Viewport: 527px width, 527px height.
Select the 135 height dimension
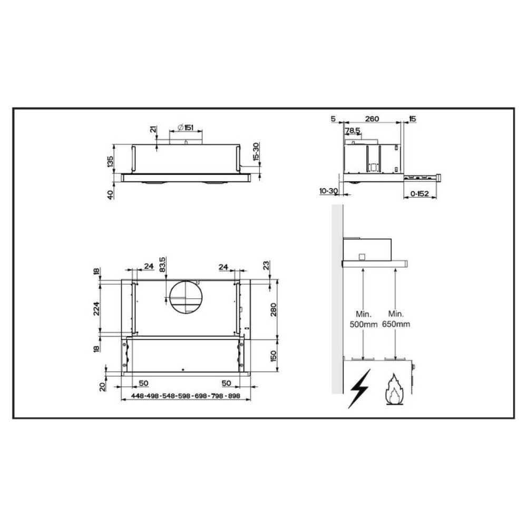point(110,161)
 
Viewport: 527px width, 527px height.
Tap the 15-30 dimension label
point(256,152)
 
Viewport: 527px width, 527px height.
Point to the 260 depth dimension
point(372,119)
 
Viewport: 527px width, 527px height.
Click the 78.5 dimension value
point(353,130)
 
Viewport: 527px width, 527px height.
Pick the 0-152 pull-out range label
point(420,193)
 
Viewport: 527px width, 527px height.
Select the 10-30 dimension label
point(328,191)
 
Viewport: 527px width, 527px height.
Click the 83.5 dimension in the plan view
point(162,265)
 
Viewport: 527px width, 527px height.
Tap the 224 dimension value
point(96,308)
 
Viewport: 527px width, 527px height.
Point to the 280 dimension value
point(273,309)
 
